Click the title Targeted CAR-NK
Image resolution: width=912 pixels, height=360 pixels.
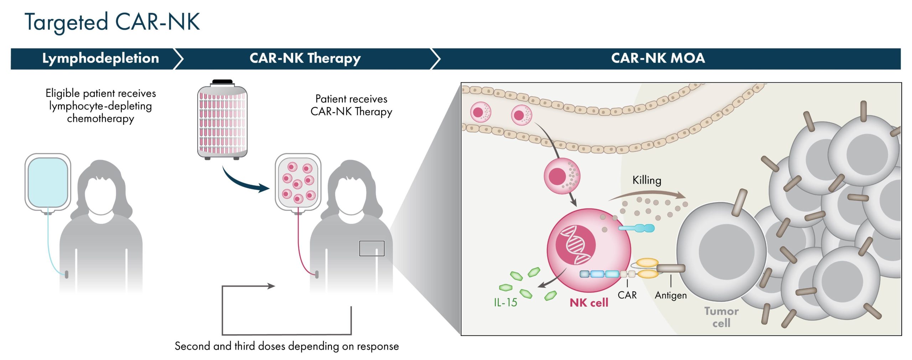[x=112, y=22]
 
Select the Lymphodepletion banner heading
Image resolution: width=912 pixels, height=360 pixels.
[x=100, y=58]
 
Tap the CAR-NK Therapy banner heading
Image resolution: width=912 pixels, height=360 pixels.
[x=305, y=58]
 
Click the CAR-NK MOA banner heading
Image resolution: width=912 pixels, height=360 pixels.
[x=658, y=58]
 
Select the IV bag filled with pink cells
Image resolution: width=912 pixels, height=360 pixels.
[x=298, y=183]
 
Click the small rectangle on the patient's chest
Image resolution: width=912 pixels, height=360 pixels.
[x=372, y=248]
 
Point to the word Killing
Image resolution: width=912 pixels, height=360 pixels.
[x=647, y=180]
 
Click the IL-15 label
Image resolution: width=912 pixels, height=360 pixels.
[x=505, y=303]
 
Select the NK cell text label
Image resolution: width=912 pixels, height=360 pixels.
[x=589, y=303]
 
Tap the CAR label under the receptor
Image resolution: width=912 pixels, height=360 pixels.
[x=627, y=295]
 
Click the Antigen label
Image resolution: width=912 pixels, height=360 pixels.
[x=671, y=295]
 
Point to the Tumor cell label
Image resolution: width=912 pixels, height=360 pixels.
[x=721, y=317]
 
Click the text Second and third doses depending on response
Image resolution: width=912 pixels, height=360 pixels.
[x=287, y=346]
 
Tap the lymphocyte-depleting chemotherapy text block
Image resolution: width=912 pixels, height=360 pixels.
[x=100, y=106]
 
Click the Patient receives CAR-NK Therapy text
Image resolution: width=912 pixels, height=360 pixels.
[x=351, y=105]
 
